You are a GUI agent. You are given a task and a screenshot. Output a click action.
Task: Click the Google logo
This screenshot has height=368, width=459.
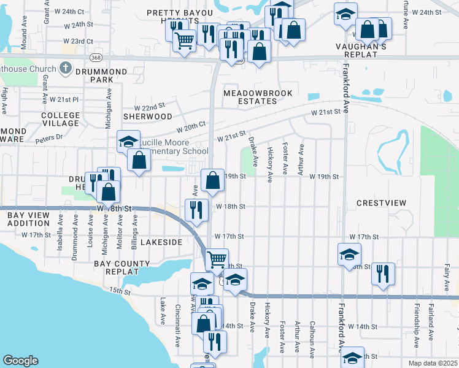point(21,361)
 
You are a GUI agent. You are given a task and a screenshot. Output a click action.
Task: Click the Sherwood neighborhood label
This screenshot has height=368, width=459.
point(148,116)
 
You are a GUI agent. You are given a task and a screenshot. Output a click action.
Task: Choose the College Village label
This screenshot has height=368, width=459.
point(60,119)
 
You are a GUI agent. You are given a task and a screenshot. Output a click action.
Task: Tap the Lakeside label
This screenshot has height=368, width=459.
point(161,242)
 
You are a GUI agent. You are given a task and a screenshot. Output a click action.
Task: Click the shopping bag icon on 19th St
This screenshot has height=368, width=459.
point(212,181)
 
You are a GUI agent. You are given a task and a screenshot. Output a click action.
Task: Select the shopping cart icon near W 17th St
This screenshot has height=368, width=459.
point(217,259)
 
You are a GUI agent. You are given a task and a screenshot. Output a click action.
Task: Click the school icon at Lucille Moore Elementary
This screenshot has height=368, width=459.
point(128,142)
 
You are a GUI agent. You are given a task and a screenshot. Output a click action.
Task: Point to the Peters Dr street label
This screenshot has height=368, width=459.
point(49,138)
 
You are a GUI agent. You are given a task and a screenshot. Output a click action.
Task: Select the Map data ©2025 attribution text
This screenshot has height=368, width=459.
point(433,363)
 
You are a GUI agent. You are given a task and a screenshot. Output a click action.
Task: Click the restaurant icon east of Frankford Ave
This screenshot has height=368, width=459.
point(383,274)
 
